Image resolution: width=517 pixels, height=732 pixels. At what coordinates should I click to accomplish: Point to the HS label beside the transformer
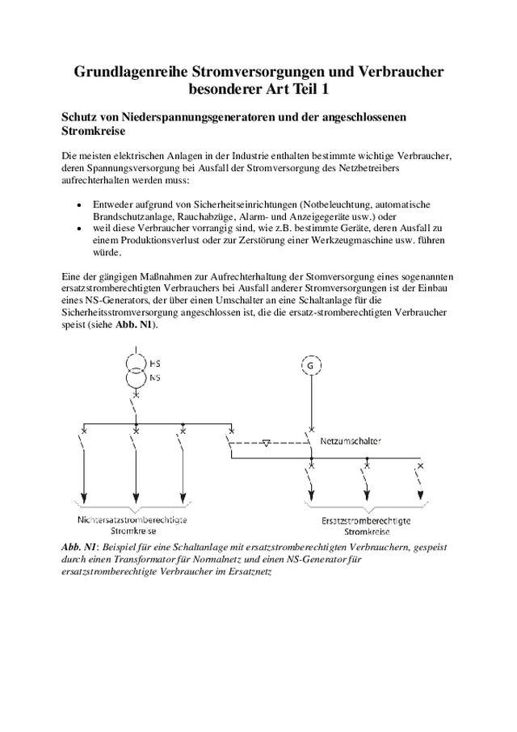pyautogui.click(x=154, y=364)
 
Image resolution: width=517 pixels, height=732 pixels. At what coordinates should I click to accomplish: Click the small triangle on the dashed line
pyautogui.click(x=268, y=444)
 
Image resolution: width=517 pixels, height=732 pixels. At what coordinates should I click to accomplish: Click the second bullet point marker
pyautogui.click(x=78, y=229)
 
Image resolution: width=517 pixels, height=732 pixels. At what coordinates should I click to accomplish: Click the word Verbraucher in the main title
pyautogui.click(x=396, y=73)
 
